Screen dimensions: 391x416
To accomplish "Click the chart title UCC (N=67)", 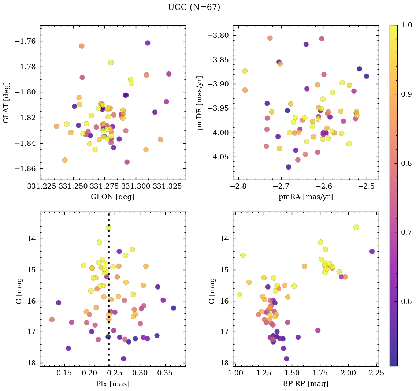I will (x=194, y=7).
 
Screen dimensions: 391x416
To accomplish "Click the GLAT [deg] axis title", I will (x=6, y=103).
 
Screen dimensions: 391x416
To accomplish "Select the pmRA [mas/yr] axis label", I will (x=306, y=197).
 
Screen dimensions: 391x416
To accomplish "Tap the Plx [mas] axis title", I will (x=112, y=384).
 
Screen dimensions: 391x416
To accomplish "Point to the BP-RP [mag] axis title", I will (x=306, y=384).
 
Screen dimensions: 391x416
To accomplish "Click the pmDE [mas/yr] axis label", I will (x=200, y=103).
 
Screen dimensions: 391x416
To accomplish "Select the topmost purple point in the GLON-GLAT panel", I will (x=148, y=43).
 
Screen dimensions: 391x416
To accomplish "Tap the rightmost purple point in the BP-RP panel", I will (x=372, y=251).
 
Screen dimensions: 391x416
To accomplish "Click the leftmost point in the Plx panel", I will (x=52, y=319).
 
